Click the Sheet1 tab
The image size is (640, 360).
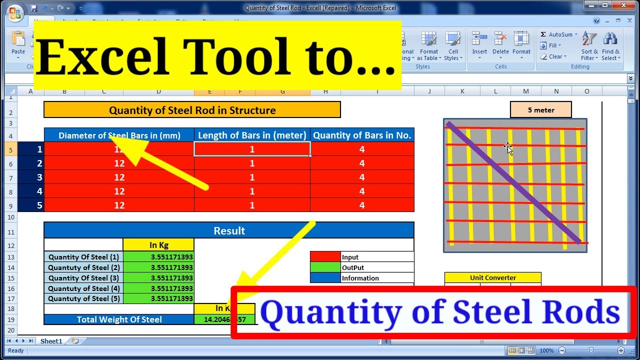51,341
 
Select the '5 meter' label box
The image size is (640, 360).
540,110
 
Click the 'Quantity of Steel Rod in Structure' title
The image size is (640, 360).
192,110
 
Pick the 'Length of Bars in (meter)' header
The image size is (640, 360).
252,135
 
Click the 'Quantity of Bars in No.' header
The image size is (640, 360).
362,135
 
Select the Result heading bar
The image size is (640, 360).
229,230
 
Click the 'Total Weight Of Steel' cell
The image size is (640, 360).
119,319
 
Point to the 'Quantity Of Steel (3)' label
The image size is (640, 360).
83,278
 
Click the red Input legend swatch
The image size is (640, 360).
325,257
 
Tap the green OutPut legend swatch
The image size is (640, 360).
325,267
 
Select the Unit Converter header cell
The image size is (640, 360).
492,277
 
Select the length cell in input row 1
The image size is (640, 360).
252,149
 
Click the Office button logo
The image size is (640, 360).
15,12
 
